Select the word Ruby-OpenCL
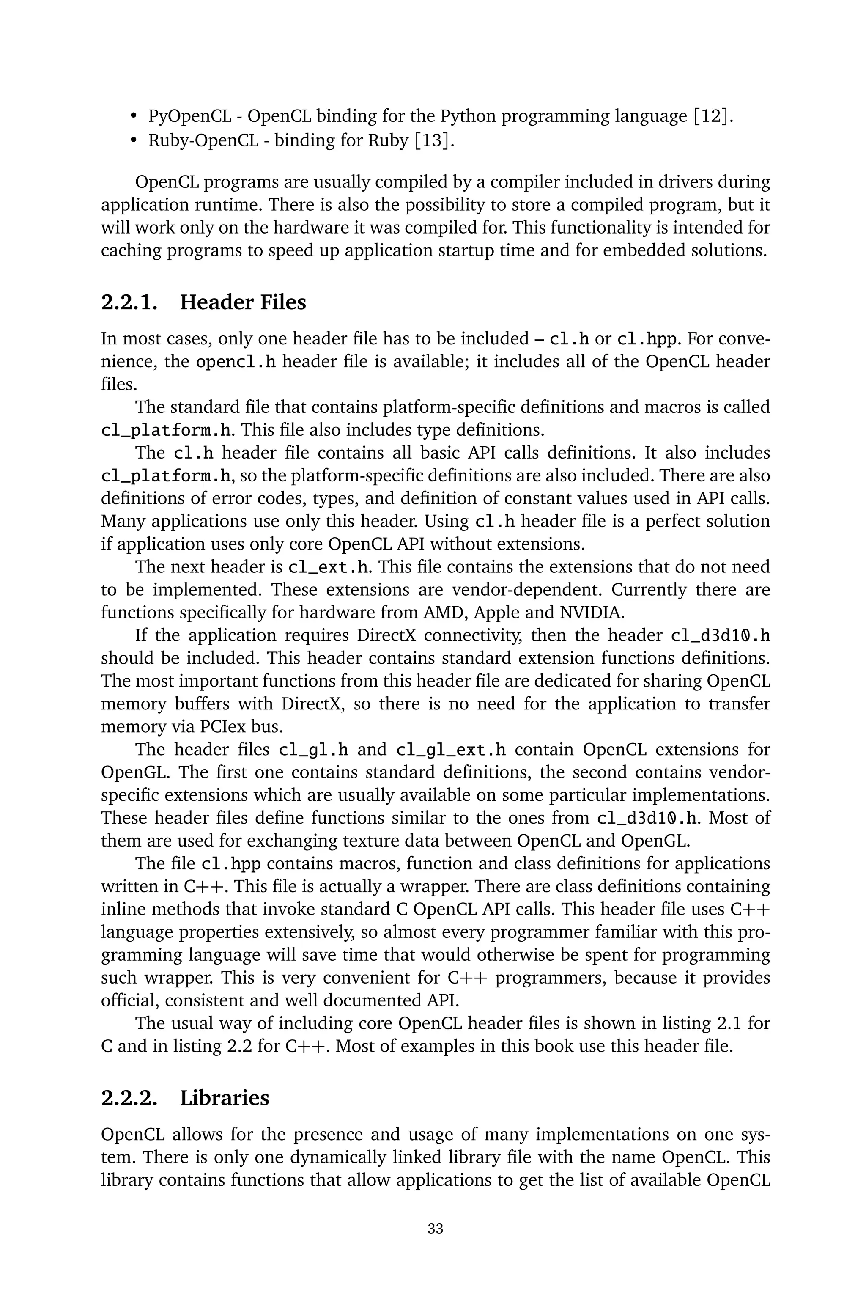[x=203, y=140]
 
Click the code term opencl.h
[x=236, y=362]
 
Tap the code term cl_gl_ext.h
[x=451, y=750]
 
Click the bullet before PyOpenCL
[x=133, y=117]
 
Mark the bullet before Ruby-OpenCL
[x=133, y=141]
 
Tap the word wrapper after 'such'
[x=178, y=977]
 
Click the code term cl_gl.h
[x=313, y=750]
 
